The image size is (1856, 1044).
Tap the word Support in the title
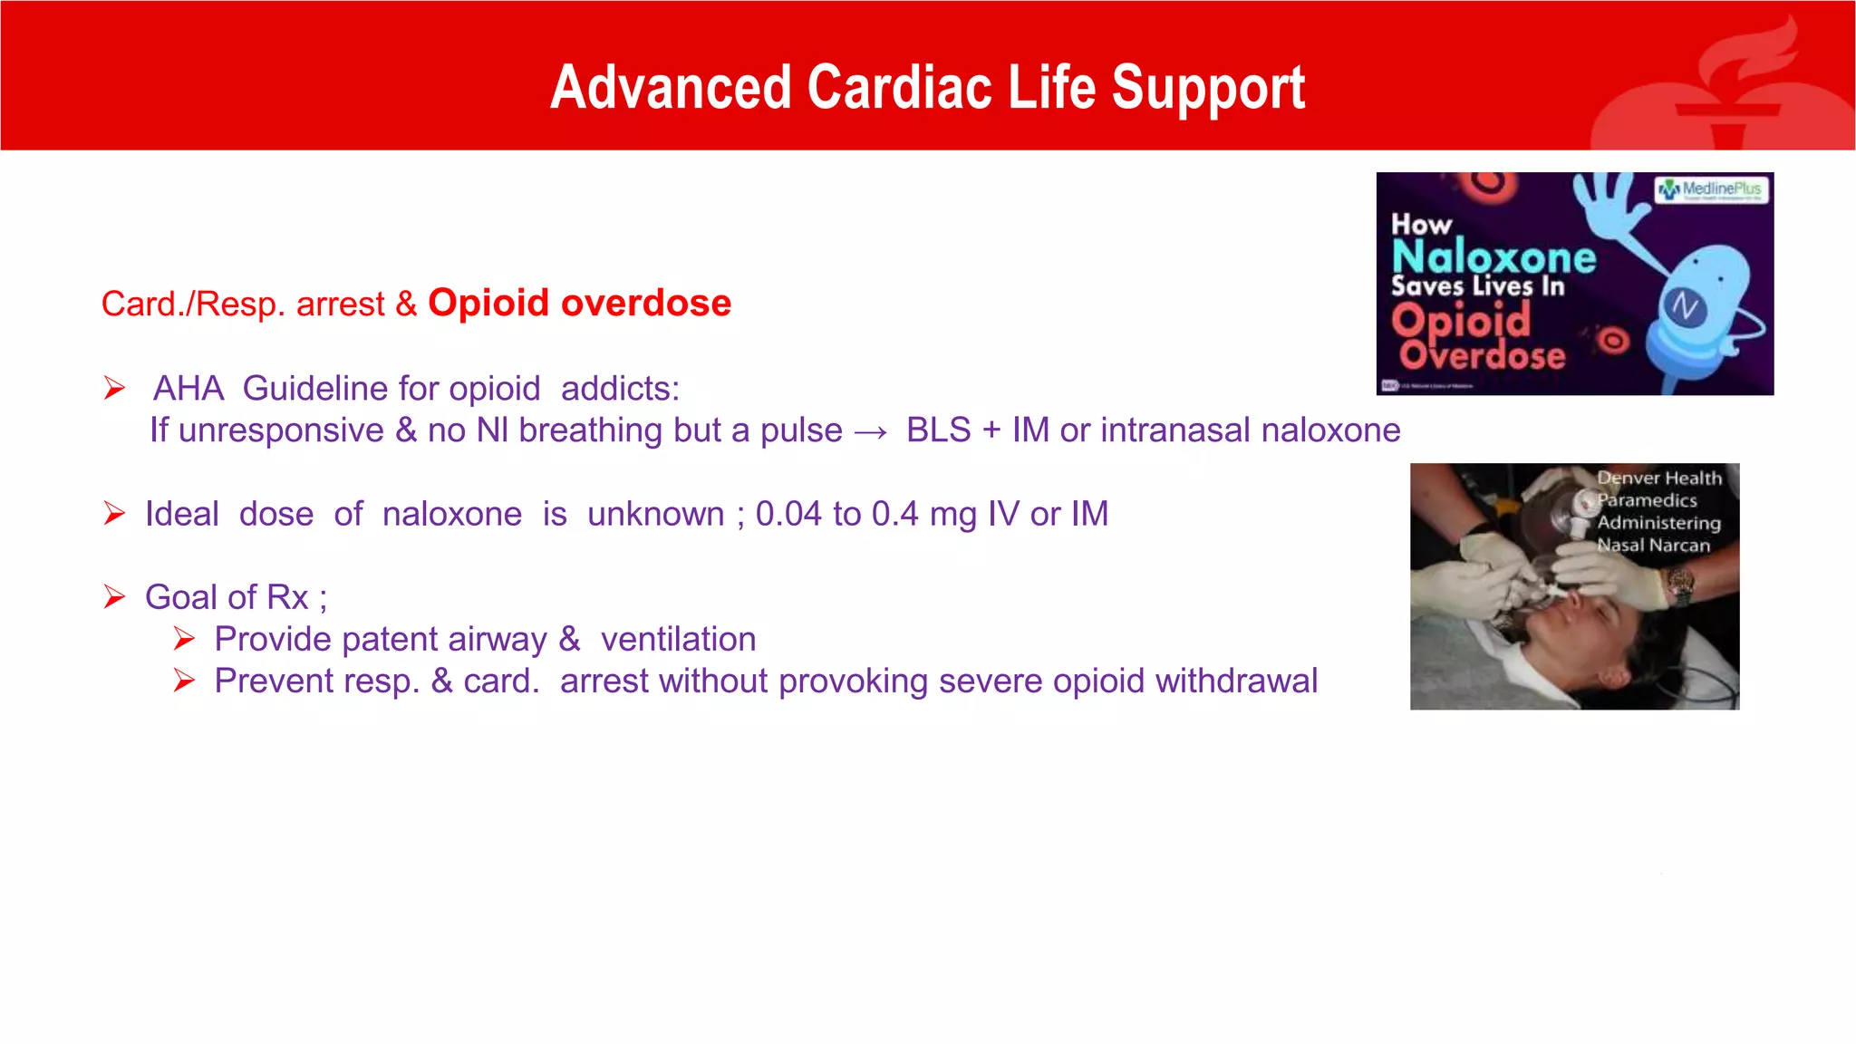1208,90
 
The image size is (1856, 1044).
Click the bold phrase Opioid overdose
579,303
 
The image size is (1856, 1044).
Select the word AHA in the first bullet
188,389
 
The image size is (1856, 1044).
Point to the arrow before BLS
871,432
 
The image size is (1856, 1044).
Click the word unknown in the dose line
655,515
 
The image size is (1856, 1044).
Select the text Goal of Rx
227,598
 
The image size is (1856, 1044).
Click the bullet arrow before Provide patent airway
184,640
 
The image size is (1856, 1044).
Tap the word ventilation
678,640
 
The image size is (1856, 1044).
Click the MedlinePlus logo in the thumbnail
1711,189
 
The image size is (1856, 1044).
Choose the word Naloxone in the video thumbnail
1493,257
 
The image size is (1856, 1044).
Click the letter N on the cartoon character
1685,307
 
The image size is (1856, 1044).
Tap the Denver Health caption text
1658,511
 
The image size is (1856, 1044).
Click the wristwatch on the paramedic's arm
1680,585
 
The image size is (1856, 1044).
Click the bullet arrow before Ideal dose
114,515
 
